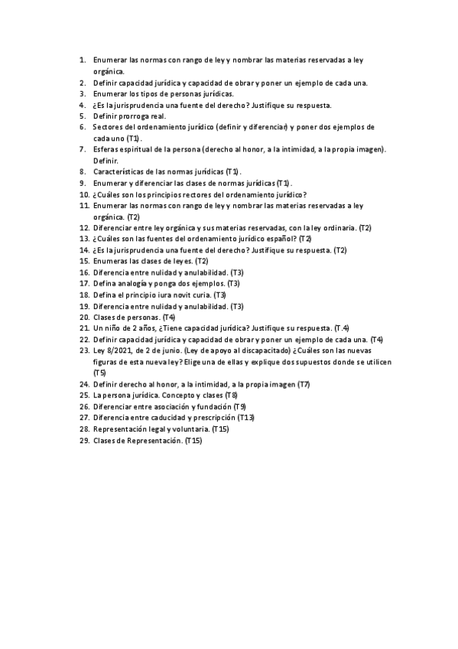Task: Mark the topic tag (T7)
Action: tap(304, 383)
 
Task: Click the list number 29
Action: tap(84, 440)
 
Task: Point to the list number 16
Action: tap(84, 272)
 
